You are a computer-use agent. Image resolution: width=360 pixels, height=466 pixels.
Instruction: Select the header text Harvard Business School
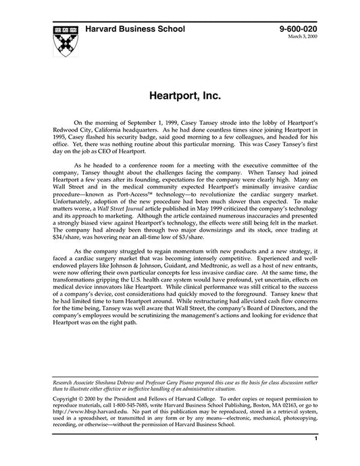[139, 30]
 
